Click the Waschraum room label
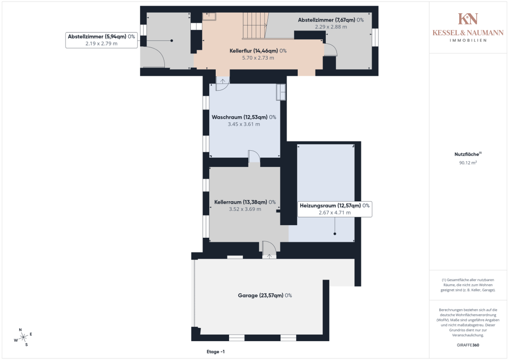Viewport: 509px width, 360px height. click(244, 117)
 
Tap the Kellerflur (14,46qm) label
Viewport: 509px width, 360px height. click(258, 50)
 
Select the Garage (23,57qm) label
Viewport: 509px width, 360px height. click(265, 295)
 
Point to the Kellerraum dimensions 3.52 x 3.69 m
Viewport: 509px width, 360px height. click(245, 209)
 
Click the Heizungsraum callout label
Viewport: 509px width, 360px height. click(335, 209)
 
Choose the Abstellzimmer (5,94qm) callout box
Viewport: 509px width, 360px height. click(101, 40)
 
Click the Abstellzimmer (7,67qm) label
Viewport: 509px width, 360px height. click(331, 20)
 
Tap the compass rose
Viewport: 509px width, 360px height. click(23, 338)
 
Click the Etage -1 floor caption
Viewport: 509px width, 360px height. click(215, 351)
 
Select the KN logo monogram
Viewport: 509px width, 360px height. click(468, 19)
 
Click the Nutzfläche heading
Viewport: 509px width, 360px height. click(468, 154)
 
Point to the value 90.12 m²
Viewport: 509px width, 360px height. click(468, 162)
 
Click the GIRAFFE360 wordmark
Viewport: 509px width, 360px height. click(468, 345)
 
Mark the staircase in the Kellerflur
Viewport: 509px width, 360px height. click(256, 25)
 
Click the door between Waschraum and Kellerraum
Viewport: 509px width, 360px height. click(254, 156)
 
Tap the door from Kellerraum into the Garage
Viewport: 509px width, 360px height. click(269, 250)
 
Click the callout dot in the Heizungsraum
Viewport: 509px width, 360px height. click(335, 234)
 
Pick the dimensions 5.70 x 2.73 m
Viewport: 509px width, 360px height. click(258, 58)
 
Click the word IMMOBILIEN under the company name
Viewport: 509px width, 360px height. click(468, 40)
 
